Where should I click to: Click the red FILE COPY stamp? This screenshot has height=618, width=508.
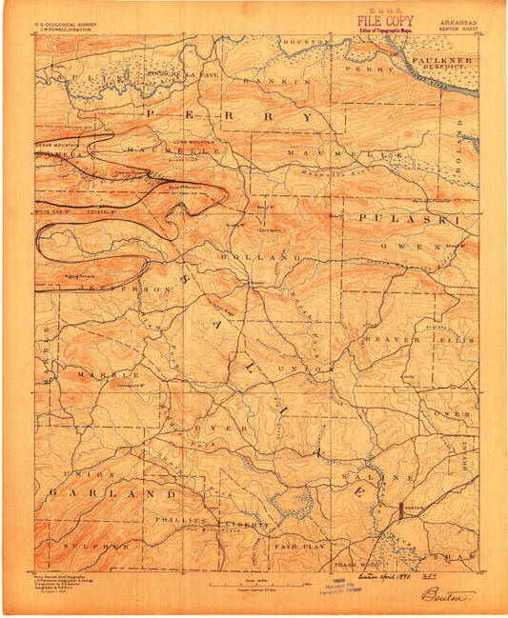(x=386, y=20)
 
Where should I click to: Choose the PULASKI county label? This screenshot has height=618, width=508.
(x=410, y=219)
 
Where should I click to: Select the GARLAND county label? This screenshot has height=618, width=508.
(x=113, y=494)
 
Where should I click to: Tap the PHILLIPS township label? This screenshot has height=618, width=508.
(x=181, y=522)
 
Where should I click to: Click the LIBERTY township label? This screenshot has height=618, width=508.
(x=252, y=525)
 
